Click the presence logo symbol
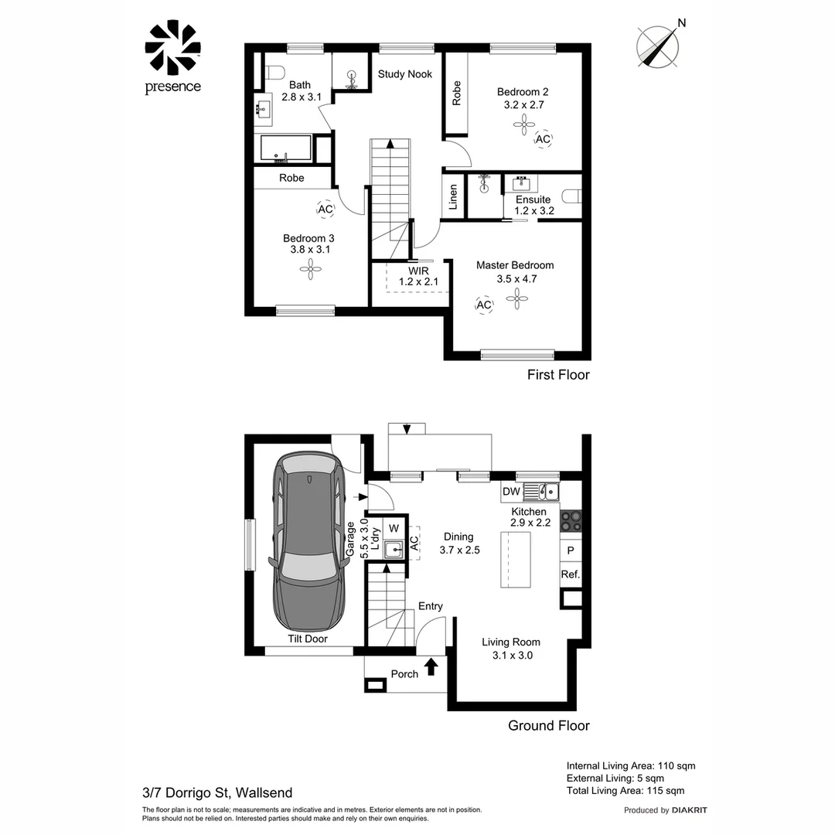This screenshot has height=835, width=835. (x=172, y=48)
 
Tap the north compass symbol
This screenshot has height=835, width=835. (x=657, y=43)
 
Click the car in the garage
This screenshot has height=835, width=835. (x=308, y=544)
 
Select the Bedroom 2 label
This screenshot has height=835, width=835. (x=523, y=92)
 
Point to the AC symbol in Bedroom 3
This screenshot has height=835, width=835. (x=325, y=209)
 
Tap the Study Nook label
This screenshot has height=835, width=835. (x=404, y=74)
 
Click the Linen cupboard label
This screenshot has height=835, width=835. (x=454, y=196)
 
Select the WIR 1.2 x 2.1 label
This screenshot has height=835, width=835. (x=418, y=277)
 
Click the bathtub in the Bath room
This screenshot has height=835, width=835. (x=286, y=148)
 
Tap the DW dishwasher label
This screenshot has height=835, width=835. (x=511, y=492)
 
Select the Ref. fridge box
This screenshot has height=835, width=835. (x=571, y=574)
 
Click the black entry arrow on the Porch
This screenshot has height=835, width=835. (x=431, y=666)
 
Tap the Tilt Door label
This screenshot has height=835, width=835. (x=308, y=639)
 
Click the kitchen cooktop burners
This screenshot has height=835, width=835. (x=571, y=520)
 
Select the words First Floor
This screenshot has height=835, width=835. (x=557, y=375)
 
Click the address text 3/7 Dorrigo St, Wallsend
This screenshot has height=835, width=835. (x=217, y=792)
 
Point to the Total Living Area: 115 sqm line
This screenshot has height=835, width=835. (x=625, y=790)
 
